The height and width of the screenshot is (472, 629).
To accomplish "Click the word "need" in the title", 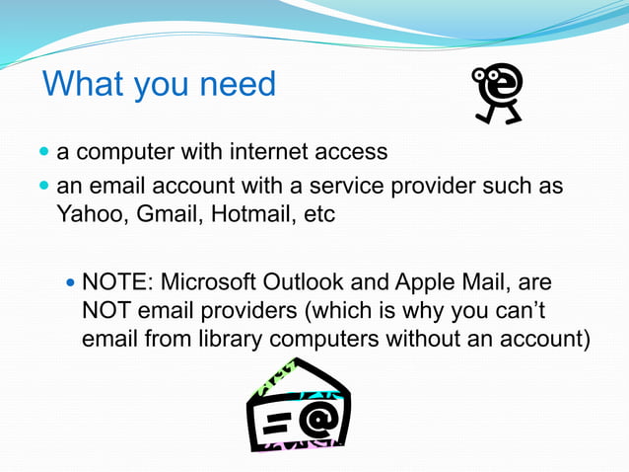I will (x=238, y=84).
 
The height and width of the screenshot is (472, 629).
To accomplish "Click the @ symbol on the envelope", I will (x=316, y=420).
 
